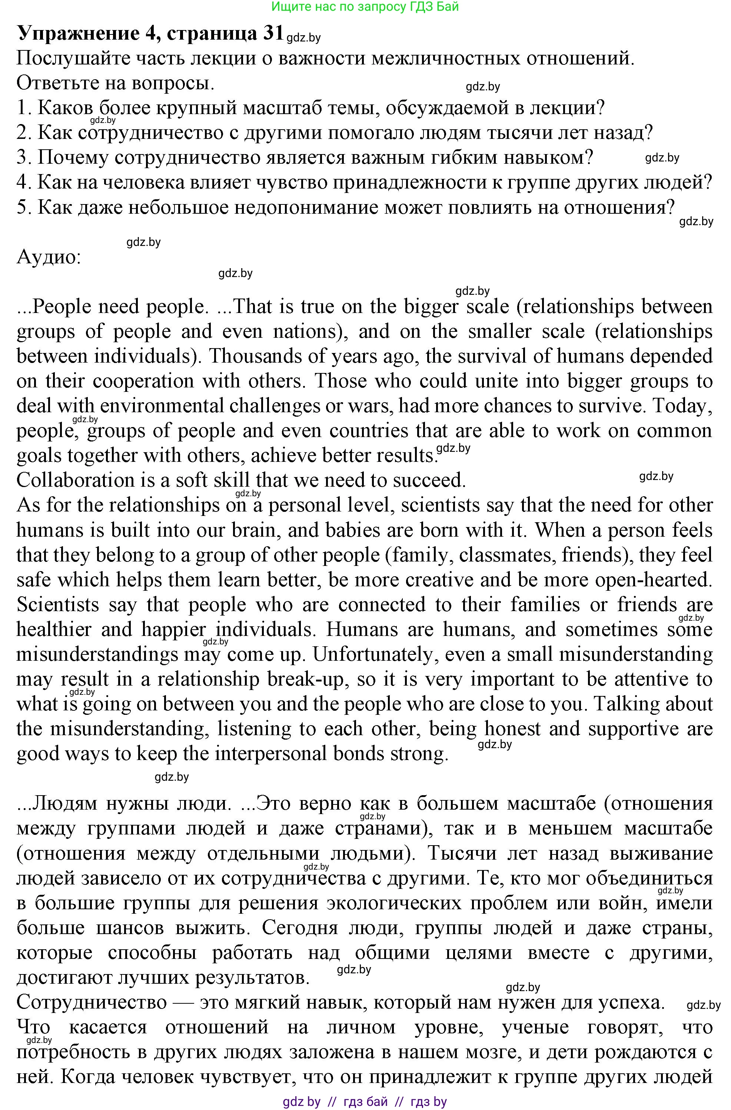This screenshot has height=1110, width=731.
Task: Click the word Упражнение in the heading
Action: click(x=78, y=34)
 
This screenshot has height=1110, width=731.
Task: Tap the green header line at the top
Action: click(x=365, y=7)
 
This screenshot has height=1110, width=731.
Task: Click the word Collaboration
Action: click(x=88, y=480)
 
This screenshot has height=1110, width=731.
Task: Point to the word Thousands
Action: click(x=254, y=356)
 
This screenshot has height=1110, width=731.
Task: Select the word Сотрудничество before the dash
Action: click(x=92, y=1002)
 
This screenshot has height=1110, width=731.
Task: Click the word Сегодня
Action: click(x=299, y=927)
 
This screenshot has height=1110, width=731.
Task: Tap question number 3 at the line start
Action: click(x=23, y=158)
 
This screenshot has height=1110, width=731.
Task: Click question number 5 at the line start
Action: click(x=23, y=207)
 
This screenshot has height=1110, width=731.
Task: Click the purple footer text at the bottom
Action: click(x=365, y=1101)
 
